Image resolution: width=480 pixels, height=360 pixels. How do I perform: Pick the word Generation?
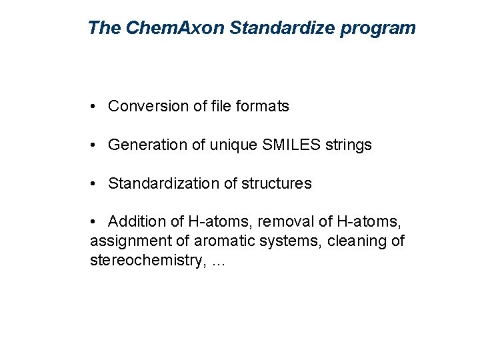click(147, 145)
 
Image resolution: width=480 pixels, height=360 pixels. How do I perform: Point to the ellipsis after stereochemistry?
click(218, 262)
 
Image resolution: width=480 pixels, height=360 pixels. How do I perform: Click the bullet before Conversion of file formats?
click(97, 107)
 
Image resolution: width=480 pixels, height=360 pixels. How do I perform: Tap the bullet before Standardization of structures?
click(97, 184)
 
